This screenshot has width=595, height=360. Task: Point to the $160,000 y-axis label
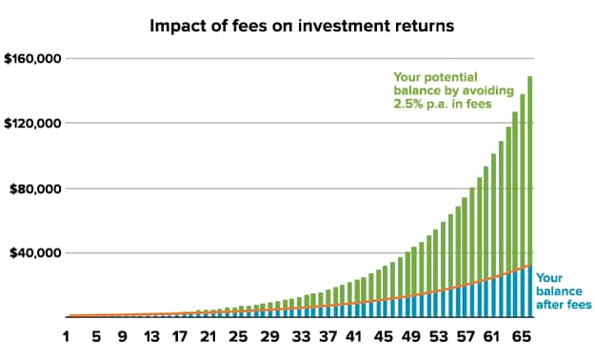click(32, 59)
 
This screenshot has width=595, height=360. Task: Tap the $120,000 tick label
click(32, 124)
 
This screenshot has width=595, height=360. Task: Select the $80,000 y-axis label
click(36, 189)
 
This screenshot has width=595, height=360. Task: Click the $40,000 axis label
click(36, 253)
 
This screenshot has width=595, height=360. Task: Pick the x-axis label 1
click(68, 336)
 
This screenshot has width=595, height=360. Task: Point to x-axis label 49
click(409, 336)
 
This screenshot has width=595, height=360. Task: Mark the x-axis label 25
click(238, 336)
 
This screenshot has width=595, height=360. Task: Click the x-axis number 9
click(124, 336)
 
